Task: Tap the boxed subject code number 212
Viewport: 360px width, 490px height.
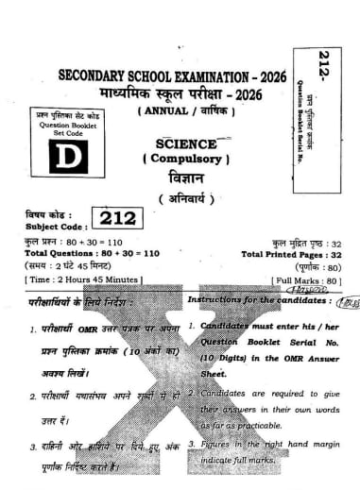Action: (x=115, y=219)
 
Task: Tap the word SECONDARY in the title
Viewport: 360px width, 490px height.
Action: (x=99, y=75)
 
